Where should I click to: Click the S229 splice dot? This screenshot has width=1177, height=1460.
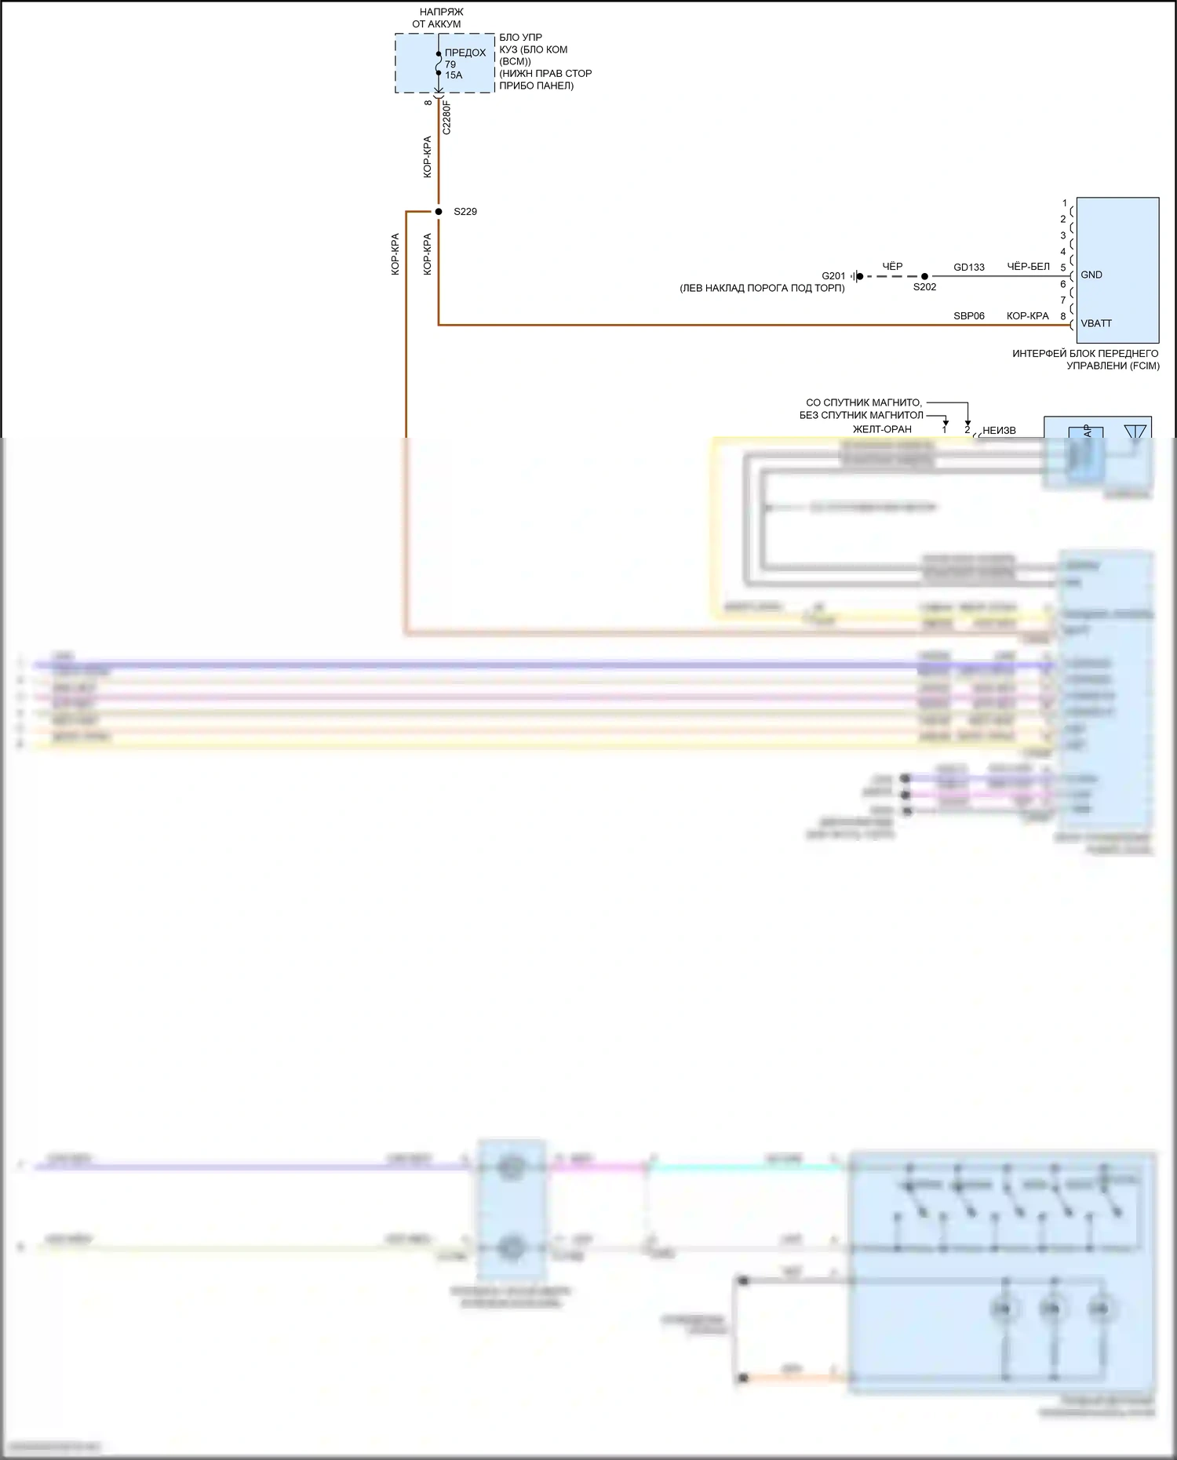point(439,212)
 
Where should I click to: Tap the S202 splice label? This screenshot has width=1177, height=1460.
point(924,287)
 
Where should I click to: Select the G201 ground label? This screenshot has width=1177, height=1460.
point(833,276)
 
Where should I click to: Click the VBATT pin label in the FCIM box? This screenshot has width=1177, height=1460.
point(1096,323)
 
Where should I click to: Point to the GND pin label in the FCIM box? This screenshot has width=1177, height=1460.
point(1091,275)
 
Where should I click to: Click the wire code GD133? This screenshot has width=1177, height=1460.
point(969,268)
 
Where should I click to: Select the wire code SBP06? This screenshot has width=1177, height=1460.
point(969,316)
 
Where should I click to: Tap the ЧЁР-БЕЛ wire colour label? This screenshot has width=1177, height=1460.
point(1028,267)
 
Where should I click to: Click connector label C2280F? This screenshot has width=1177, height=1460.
point(447,117)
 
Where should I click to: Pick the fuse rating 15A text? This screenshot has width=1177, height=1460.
point(454,75)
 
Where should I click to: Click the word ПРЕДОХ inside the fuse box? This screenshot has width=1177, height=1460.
point(465,53)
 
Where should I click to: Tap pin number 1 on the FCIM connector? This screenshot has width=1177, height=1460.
point(1064,203)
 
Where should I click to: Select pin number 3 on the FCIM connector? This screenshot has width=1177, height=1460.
point(1063,235)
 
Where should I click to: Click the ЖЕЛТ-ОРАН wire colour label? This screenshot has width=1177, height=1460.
point(882,429)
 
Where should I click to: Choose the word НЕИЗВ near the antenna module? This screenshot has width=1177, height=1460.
point(999,430)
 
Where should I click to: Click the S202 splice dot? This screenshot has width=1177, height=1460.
point(924,276)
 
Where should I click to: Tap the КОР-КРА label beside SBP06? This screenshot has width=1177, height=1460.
point(1027,316)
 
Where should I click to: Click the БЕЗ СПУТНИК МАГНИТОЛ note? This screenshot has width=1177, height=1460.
point(861,415)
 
